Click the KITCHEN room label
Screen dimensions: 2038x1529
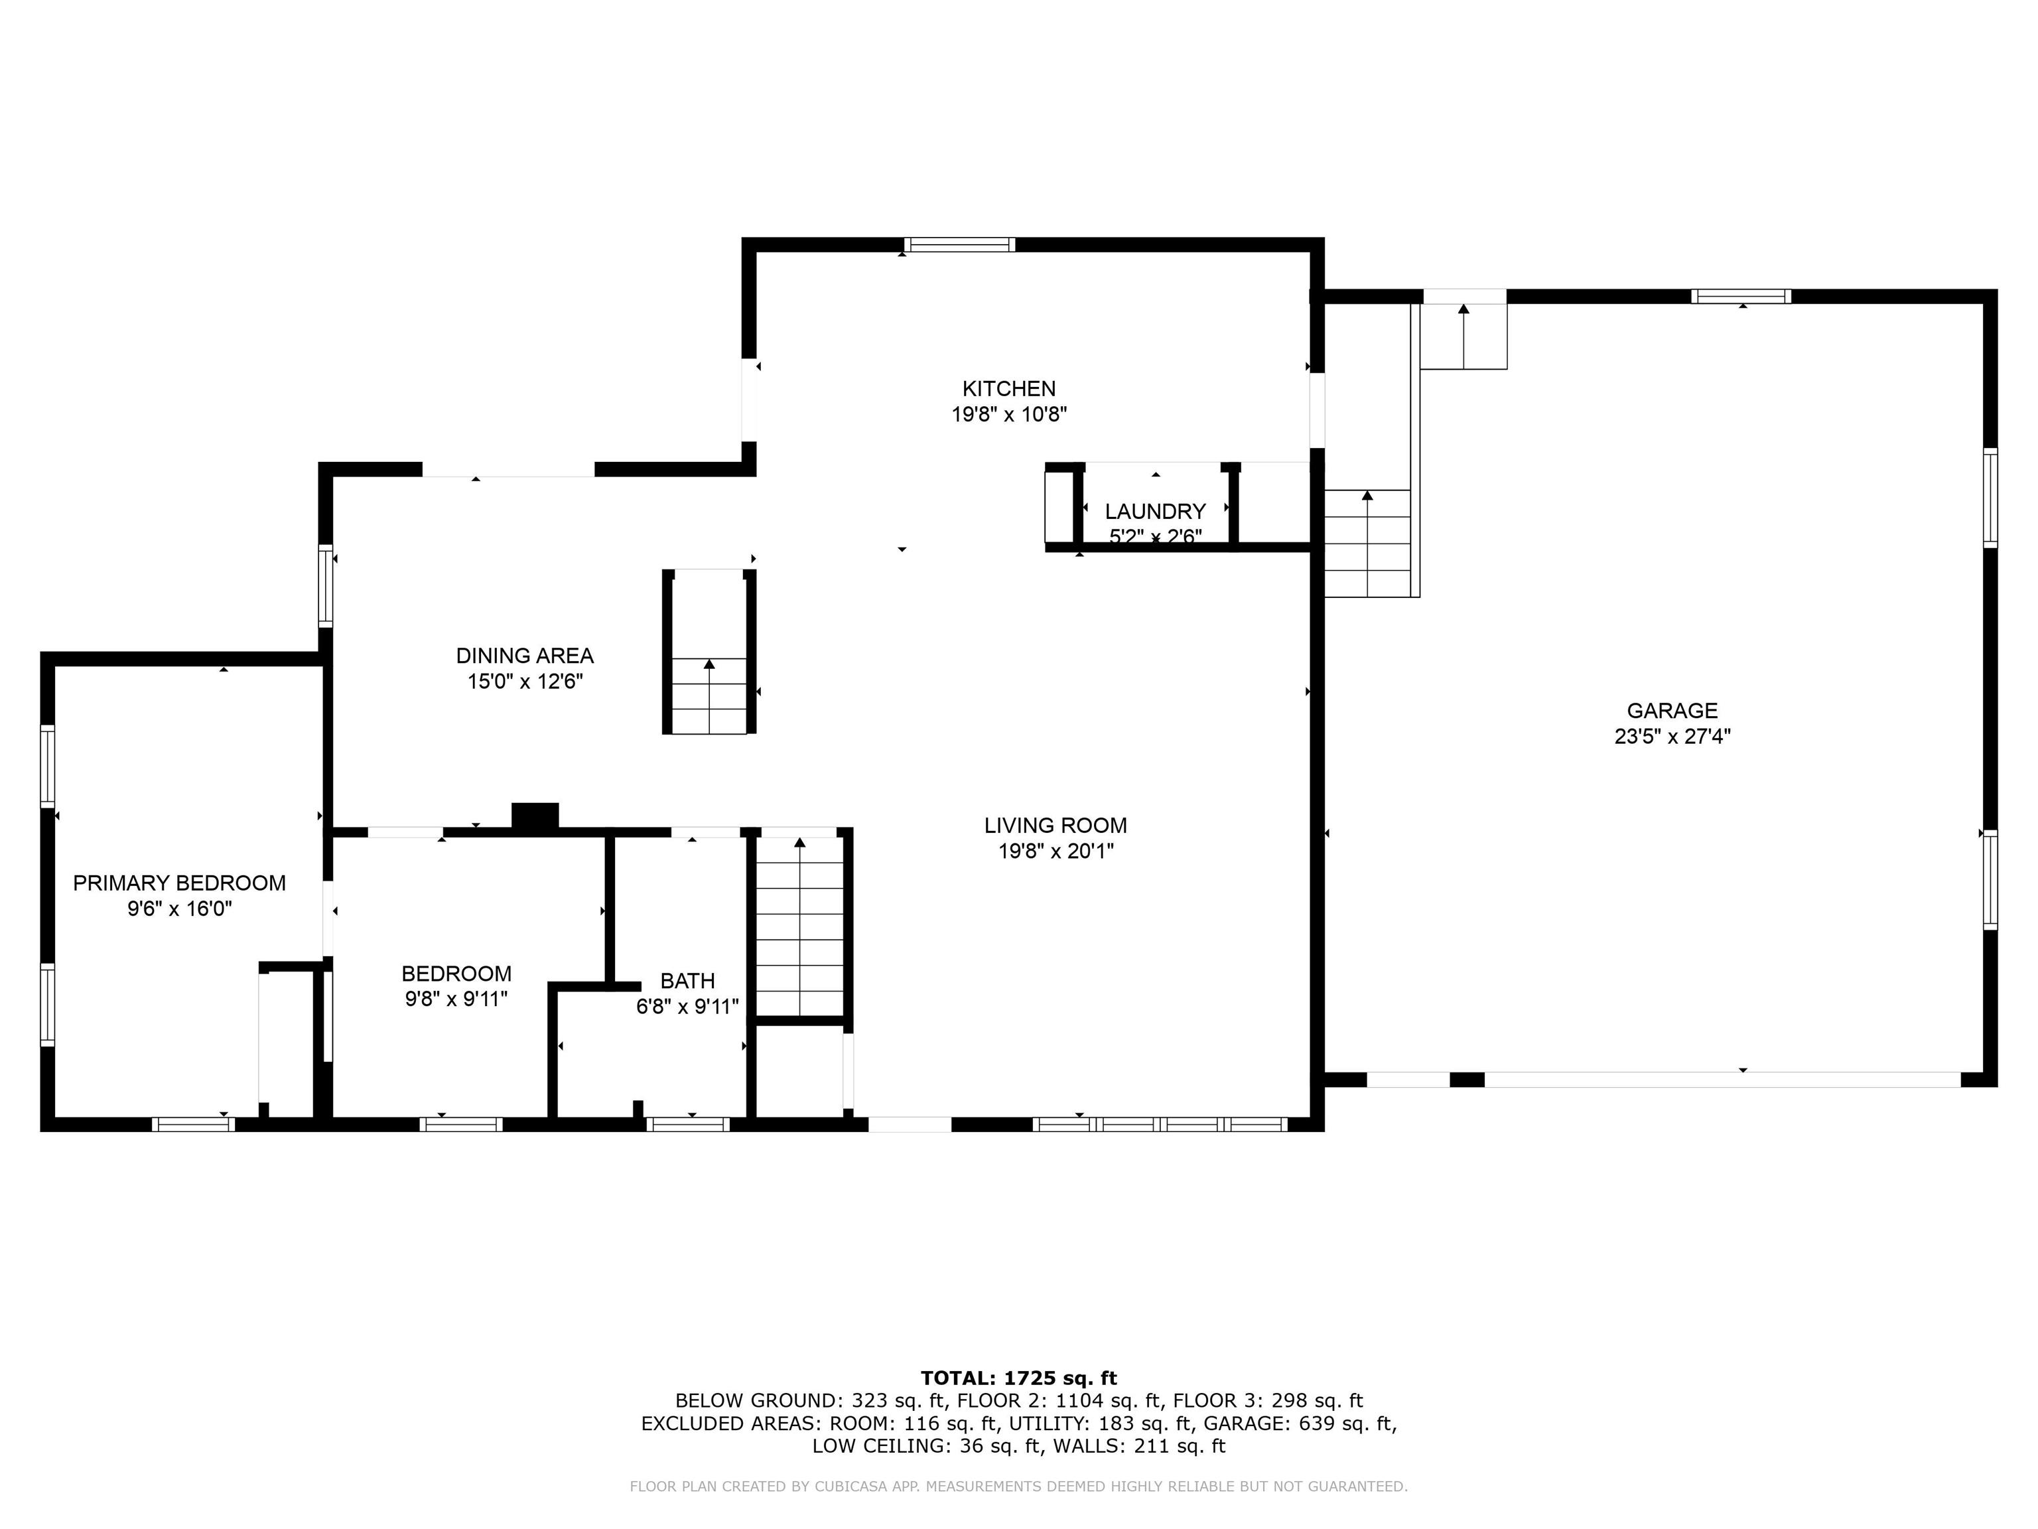point(1009,389)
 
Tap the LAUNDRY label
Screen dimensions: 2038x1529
point(1156,512)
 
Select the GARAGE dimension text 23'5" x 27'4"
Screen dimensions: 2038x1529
point(1672,737)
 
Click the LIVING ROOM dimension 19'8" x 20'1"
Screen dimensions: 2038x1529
point(1056,851)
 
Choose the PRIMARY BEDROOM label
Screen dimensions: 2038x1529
point(180,883)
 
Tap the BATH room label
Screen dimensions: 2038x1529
point(687,981)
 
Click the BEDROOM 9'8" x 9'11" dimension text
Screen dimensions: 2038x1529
point(456,999)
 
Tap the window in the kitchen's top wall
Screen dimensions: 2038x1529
point(959,244)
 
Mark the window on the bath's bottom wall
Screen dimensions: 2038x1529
point(687,1124)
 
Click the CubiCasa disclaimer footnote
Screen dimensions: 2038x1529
point(1018,1486)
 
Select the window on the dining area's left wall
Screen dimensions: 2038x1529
point(325,586)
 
